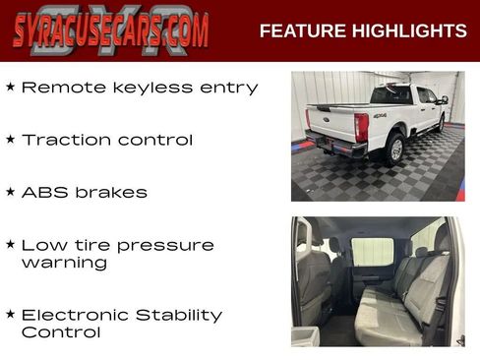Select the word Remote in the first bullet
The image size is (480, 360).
57,88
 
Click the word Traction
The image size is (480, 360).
65,140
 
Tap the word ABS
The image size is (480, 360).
41,192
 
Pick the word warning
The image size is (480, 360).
64,263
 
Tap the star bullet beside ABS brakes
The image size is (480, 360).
10,191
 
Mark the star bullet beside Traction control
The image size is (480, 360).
10,139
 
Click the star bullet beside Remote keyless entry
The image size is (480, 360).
10,87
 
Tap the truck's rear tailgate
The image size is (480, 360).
333,124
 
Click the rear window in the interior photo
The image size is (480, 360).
373,251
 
